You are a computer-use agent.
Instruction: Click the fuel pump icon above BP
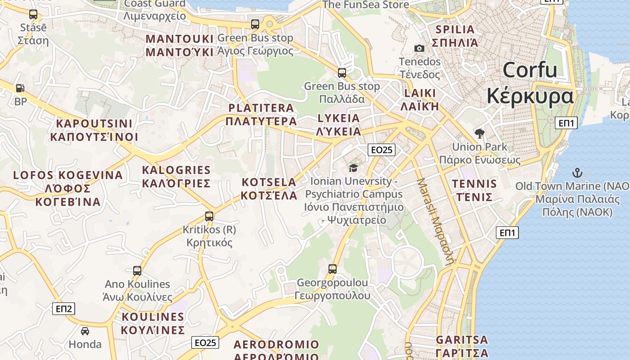coord(20,88)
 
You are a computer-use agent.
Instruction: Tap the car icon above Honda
coord(85,331)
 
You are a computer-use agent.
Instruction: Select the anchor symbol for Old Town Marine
coord(576,173)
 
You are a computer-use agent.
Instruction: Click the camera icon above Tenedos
coord(419,48)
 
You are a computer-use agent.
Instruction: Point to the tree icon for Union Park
coord(479,133)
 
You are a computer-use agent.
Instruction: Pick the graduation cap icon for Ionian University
coord(353,168)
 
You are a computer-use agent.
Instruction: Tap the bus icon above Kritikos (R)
coord(209,216)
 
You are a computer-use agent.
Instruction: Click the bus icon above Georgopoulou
coord(333,269)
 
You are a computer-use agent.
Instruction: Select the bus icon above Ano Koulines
coord(137,271)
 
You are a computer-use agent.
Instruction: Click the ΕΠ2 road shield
coord(64,309)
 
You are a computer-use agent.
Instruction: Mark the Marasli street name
coord(436,220)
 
